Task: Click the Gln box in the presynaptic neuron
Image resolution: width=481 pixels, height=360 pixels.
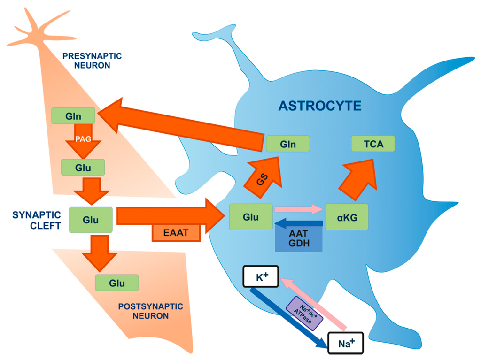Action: (x=73, y=115)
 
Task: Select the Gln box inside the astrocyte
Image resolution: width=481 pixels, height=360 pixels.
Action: (x=287, y=144)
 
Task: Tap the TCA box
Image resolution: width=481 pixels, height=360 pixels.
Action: (x=373, y=144)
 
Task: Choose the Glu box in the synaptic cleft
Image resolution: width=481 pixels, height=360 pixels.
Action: (x=91, y=219)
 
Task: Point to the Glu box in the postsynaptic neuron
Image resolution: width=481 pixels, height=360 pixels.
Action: (x=116, y=283)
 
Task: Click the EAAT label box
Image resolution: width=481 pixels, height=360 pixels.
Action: (x=176, y=232)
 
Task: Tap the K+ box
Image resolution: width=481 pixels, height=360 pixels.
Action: (x=261, y=276)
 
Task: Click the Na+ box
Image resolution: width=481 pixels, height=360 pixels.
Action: (x=345, y=343)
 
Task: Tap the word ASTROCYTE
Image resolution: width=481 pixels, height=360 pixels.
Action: (x=320, y=106)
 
